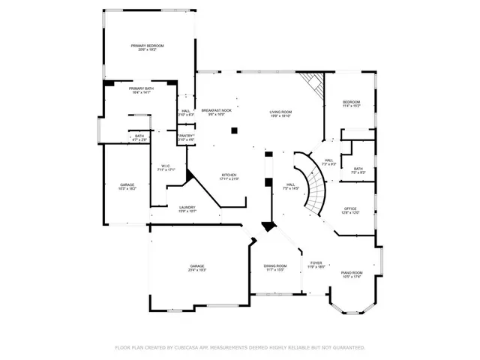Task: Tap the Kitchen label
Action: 228,177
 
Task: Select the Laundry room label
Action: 187,209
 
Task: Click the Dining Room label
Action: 274,268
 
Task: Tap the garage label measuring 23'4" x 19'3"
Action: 197,268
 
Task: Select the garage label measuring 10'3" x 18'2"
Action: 128,187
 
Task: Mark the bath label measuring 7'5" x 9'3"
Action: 358,170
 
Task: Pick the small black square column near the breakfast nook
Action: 234,130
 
